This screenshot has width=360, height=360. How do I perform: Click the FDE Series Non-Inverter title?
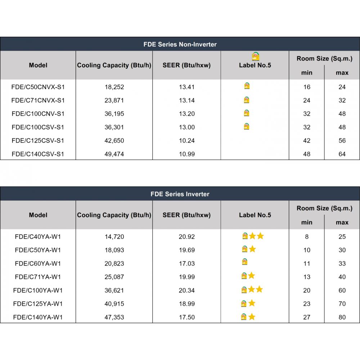pyautogui.click(x=180, y=44)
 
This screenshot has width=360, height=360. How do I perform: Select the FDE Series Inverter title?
pyautogui.click(x=180, y=194)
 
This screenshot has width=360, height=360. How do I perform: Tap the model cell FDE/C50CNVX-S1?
pyautogui.click(x=38, y=87)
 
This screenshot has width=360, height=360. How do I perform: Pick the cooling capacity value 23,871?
pyautogui.click(x=114, y=100)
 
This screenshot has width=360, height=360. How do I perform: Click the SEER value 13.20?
pyautogui.click(x=186, y=114)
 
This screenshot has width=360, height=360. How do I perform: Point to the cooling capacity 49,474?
pyautogui.click(x=114, y=154)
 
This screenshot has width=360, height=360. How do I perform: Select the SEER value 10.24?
pyautogui.click(x=186, y=140)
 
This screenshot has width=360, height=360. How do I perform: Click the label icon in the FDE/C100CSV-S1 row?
pyautogui.click(x=247, y=126)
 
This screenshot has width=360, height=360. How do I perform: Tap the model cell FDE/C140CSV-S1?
pyautogui.click(x=38, y=154)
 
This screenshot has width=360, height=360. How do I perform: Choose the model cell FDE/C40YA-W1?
pyautogui.click(x=38, y=237)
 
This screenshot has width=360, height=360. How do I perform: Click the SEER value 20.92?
pyautogui.click(x=186, y=237)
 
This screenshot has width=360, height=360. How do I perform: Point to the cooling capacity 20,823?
pyautogui.click(x=114, y=264)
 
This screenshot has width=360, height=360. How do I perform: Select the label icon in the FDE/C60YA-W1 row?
pyautogui.click(x=245, y=262)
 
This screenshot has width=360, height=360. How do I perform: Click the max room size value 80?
pyautogui.click(x=342, y=317)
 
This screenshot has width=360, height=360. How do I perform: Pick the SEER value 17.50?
pyautogui.click(x=186, y=317)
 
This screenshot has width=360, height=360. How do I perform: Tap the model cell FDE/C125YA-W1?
pyautogui.click(x=38, y=304)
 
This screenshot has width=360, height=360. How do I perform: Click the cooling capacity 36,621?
pyautogui.click(x=114, y=291)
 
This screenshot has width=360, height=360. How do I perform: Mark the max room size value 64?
pyautogui.click(x=342, y=154)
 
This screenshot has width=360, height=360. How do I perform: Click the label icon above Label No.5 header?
pyautogui.click(x=256, y=57)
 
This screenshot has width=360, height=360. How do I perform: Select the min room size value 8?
pyautogui.click(x=306, y=237)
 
